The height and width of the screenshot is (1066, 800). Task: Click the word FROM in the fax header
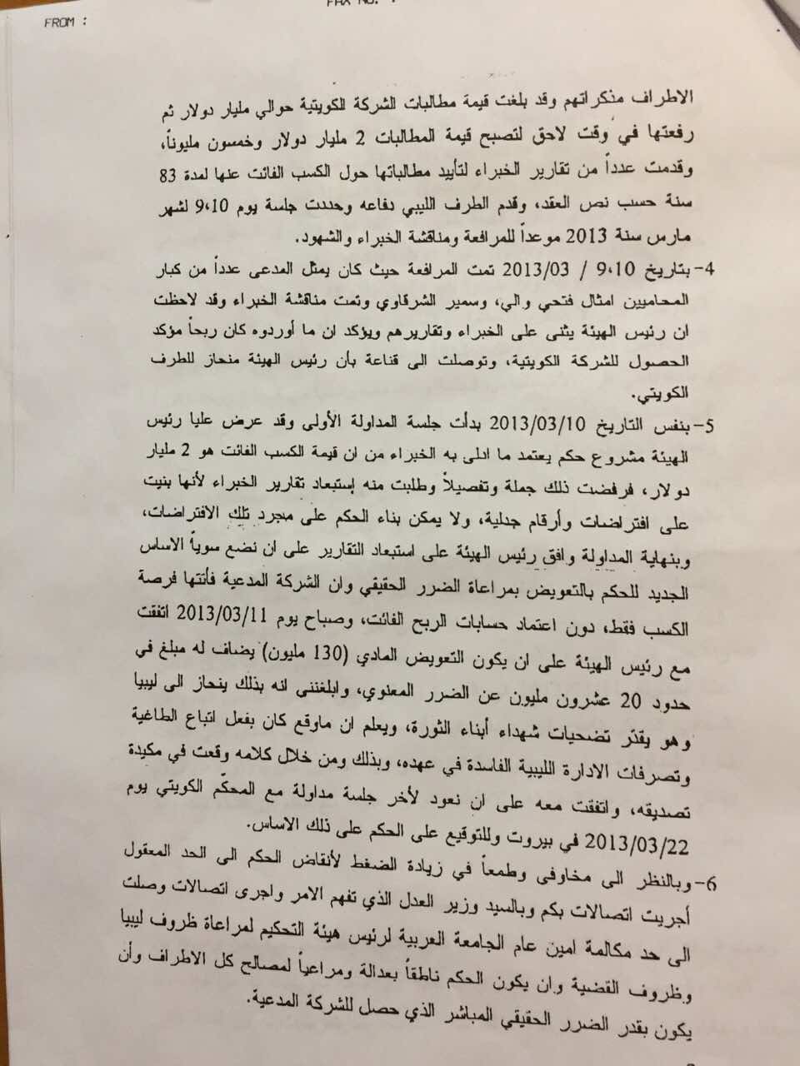pyautogui.click(x=62, y=23)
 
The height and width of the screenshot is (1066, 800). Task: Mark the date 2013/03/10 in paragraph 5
pyautogui.click(x=517, y=421)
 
